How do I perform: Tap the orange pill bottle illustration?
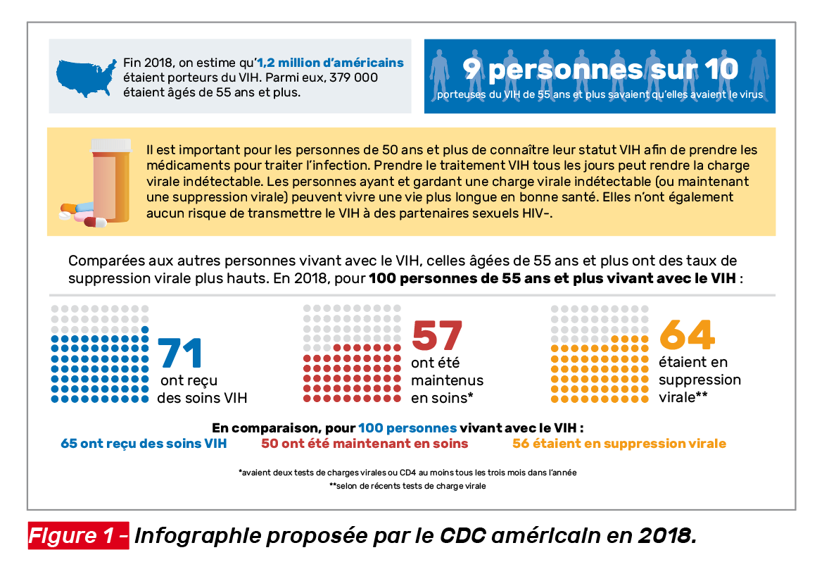pos(111,179)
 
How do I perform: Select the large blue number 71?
pos(181,354)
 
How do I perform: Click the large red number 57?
pos(436,336)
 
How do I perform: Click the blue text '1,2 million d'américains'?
pos(331,63)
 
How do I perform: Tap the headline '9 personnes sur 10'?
pos(600,69)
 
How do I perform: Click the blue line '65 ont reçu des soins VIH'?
pos(144,444)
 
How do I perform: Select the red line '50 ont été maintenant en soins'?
pos(364,444)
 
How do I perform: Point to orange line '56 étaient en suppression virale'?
pos(619,444)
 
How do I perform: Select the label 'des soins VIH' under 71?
pos(202,398)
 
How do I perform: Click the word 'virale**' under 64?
pos(683,397)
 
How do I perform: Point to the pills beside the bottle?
pos(82,213)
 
